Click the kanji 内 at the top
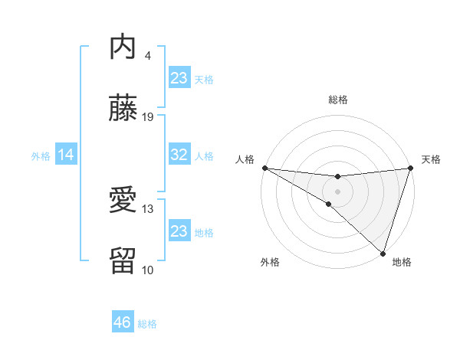tap(123, 47)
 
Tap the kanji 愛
tap(123, 201)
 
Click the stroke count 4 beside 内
tap(148, 55)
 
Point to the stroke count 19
tap(148, 116)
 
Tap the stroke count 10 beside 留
tap(148, 270)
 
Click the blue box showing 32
tap(179, 155)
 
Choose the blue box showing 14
tap(66, 155)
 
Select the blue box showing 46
tap(123, 322)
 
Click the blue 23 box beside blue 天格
tap(179, 78)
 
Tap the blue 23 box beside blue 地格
tap(179, 231)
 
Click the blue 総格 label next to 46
tap(147, 324)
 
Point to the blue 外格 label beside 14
tap(41, 156)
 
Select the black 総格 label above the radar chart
tap(337, 100)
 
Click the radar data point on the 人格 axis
tap(264, 167)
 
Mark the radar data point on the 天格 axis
tap(410, 168)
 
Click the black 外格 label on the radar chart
tap(270, 263)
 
